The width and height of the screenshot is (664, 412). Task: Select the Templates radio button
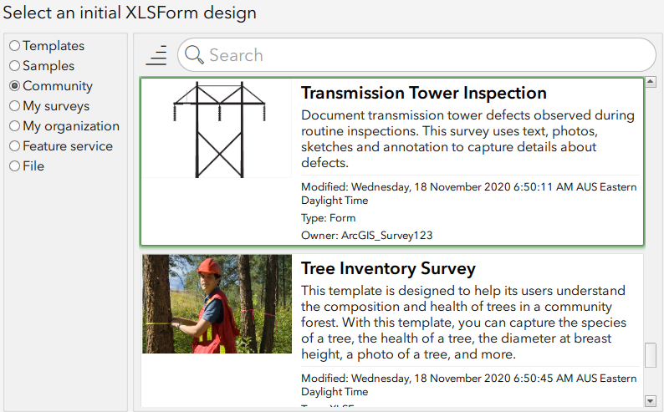[x=14, y=46]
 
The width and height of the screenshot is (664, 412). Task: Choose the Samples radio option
[x=14, y=66]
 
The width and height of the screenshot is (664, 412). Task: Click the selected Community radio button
[x=14, y=86]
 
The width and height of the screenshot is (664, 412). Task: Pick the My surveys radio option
[x=14, y=106]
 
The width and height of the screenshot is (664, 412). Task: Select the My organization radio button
[x=14, y=126]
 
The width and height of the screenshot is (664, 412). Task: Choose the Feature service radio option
[x=14, y=146]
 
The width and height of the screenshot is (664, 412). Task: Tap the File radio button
[x=14, y=166]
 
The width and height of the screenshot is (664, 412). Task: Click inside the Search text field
[x=418, y=55]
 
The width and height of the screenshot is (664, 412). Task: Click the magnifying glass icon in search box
[x=194, y=55]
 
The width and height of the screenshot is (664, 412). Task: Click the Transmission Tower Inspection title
[x=423, y=93]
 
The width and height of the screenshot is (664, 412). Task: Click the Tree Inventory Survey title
[x=388, y=268]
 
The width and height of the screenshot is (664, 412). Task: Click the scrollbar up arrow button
[x=651, y=81]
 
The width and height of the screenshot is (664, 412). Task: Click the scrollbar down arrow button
[x=651, y=401]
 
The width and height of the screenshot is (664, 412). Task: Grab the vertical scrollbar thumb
[x=651, y=355]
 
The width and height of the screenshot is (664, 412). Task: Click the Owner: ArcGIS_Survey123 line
[x=366, y=236]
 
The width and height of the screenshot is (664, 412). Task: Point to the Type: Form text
[x=328, y=218]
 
